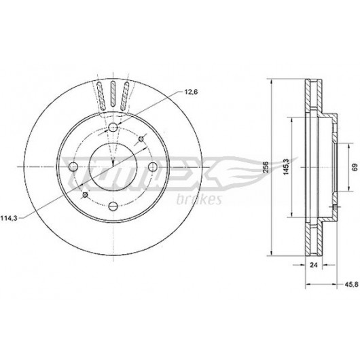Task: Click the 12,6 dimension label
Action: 191,92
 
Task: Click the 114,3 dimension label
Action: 9,218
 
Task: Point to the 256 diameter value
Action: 266,167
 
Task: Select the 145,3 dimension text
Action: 286,167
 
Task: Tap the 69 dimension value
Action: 355,167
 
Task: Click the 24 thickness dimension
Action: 314,265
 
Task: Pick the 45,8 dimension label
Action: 351,285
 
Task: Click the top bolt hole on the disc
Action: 113,127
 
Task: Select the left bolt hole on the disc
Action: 73,166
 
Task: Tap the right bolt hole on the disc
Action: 152,166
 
